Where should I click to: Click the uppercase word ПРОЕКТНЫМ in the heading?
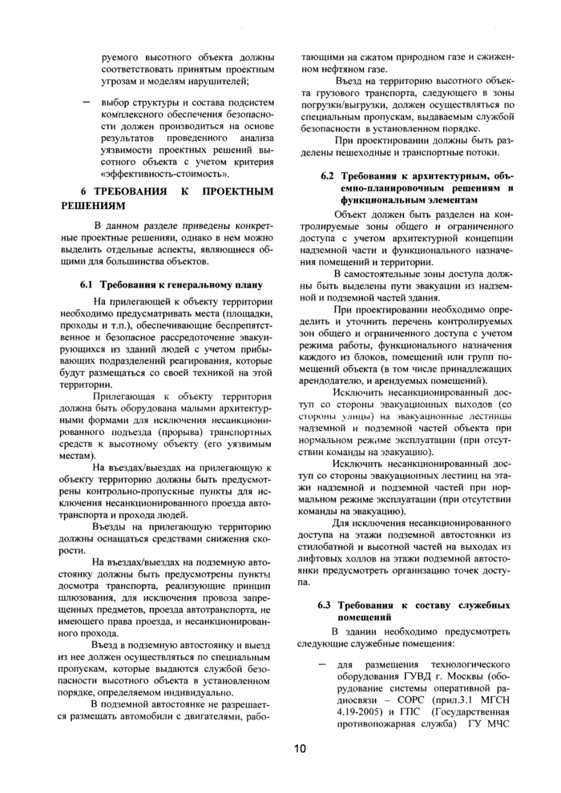tap(239, 192)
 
